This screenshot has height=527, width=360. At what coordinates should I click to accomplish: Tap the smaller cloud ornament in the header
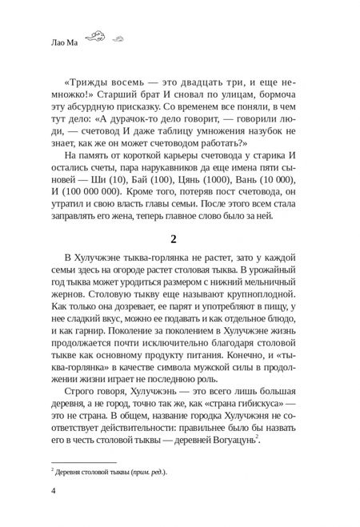(x=119, y=38)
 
